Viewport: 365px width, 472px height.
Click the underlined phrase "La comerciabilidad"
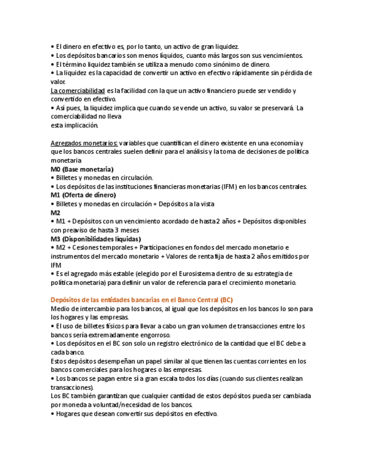[x=77, y=90]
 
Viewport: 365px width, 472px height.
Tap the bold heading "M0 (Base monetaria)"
[x=82, y=169]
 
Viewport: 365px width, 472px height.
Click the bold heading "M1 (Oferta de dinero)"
[x=83, y=195]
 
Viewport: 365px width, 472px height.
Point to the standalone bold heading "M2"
[x=55, y=212]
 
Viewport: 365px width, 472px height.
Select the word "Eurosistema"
[x=218, y=273]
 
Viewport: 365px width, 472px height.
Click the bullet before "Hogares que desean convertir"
[x=52, y=414]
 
